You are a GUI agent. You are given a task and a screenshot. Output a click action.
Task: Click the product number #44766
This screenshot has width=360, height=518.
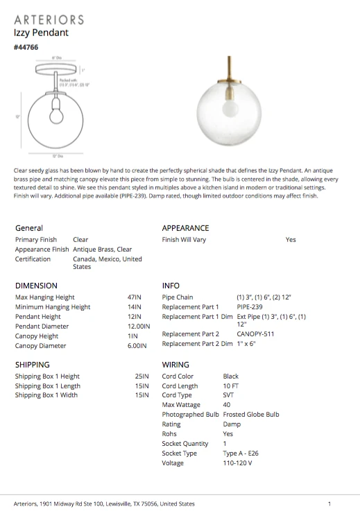(x=26, y=47)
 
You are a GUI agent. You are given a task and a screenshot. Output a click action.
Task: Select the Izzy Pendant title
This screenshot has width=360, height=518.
(x=41, y=33)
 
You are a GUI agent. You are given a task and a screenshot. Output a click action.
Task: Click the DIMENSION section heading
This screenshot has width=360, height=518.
(x=36, y=286)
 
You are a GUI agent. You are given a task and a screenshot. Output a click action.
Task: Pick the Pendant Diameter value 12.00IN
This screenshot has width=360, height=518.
(x=138, y=326)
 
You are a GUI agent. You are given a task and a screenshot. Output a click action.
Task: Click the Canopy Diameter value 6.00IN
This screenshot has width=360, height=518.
(x=138, y=345)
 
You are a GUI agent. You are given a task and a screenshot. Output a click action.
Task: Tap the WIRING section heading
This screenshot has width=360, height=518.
(x=175, y=365)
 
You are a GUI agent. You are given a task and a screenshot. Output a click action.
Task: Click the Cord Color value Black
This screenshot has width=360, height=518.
(x=230, y=377)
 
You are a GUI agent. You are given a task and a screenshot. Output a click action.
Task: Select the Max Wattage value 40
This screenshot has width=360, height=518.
(x=227, y=405)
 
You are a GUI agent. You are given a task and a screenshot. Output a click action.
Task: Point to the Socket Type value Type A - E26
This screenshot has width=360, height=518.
(x=241, y=454)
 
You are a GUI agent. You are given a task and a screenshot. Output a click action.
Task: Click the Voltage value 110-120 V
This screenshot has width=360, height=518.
(x=237, y=463)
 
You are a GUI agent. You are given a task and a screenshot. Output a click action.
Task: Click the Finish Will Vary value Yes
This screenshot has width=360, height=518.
(x=291, y=240)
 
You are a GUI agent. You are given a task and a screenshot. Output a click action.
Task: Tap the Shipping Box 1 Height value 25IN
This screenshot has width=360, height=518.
(x=142, y=377)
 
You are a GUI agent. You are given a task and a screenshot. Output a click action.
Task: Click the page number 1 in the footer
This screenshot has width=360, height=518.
(x=329, y=504)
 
